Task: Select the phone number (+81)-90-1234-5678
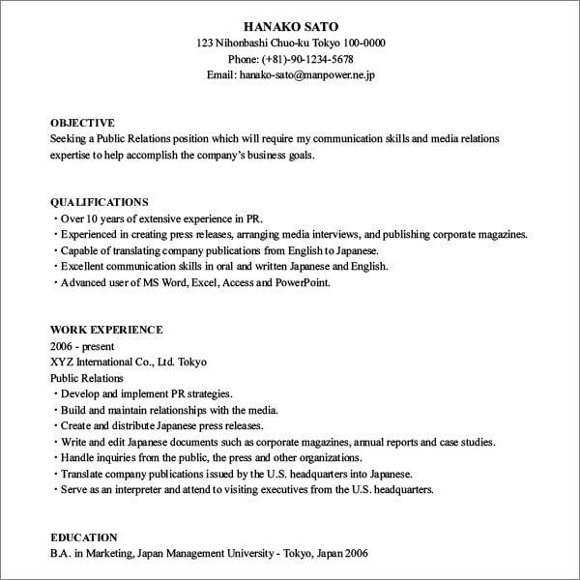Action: (x=312, y=59)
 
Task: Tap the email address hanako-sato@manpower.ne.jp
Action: (x=312, y=74)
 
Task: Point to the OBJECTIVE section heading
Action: (x=82, y=123)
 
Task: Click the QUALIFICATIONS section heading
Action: (x=99, y=202)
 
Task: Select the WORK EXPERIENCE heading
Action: (x=106, y=330)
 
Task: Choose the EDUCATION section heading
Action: (x=84, y=536)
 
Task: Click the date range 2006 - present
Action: (x=82, y=346)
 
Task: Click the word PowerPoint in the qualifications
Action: (x=303, y=282)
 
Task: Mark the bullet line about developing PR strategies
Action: (x=145, y=393)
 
